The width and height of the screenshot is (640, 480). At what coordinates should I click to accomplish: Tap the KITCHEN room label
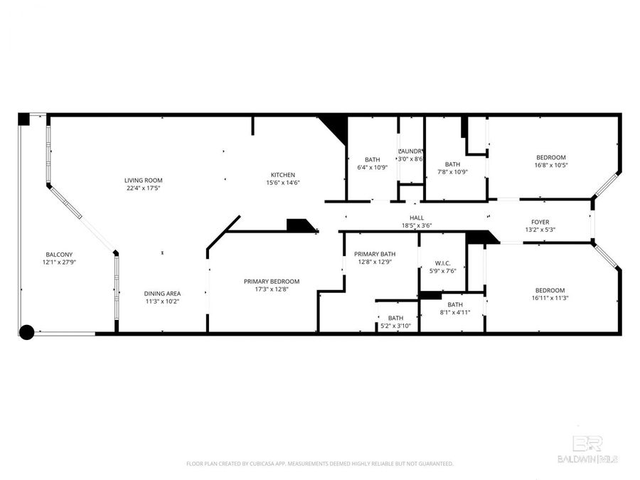coord(282,175)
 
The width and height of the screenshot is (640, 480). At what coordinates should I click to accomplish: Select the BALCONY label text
coord(59,255)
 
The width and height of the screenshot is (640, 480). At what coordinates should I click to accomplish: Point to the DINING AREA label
coord(162,294)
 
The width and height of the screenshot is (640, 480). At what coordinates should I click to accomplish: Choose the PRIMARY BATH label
coord(375,254)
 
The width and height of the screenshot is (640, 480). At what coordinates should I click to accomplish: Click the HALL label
coord(417,218)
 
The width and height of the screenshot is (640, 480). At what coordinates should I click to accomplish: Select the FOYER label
coord(540,222)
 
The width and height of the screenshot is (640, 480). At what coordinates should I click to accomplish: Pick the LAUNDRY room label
coord(411,151)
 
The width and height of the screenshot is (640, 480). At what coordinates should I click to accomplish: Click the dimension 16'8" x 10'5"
coord(550,165)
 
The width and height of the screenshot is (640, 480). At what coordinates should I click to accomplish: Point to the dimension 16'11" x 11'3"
coord(550,298)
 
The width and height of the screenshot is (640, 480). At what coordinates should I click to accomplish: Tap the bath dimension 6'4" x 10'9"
coord(372,167)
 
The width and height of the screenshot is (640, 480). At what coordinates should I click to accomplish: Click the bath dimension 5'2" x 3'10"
coord(395,326)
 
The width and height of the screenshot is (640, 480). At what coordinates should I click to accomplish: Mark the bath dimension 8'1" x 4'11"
coord(454,312)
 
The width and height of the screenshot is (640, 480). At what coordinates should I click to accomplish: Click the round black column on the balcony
coord(26,331)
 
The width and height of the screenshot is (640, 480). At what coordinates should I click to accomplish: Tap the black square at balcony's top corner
coord(23,119)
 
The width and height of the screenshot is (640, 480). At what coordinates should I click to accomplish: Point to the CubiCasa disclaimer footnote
coord(320,464)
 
